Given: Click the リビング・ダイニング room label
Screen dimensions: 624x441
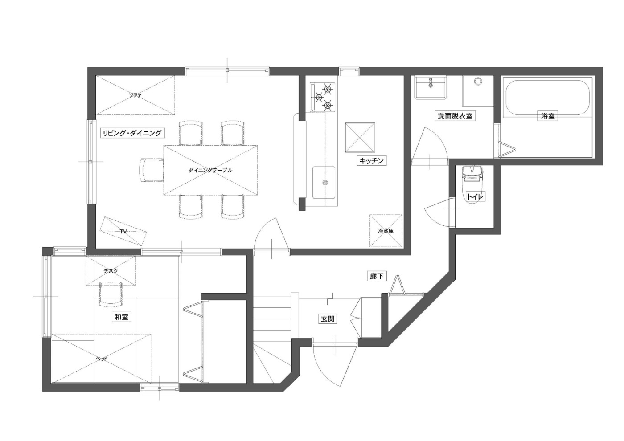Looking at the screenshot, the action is click(132, 133).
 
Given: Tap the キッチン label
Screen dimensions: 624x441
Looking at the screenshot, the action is click(372, 161).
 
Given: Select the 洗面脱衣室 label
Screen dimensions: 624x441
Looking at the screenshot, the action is click(455, 116).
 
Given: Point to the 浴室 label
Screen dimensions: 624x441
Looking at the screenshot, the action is click(547, 116).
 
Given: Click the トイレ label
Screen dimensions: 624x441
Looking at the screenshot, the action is click(476, 197).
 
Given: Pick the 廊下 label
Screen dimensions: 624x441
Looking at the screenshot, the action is click(377, 276).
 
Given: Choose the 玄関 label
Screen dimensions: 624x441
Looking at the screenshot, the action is click(327, 319).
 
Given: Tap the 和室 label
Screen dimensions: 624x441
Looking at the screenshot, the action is click(121, 317).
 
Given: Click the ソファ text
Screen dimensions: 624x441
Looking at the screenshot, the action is click(135, 95).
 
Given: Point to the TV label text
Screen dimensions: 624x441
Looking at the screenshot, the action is click(123, 231).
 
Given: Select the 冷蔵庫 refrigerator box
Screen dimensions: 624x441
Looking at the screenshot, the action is click(386, 231).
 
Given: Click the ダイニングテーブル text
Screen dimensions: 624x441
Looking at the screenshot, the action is click(210, 170).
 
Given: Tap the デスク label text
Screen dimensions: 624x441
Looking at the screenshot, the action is click(111, 271).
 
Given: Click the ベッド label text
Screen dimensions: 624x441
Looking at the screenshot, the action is click(102, 359).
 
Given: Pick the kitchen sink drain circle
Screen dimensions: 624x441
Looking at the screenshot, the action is click(324, 183).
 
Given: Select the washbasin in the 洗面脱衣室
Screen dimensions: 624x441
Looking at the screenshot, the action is click(431, 87).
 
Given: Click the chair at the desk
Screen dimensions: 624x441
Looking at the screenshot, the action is click(111, 294).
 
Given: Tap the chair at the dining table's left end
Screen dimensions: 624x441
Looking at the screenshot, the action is click(152, 170).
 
